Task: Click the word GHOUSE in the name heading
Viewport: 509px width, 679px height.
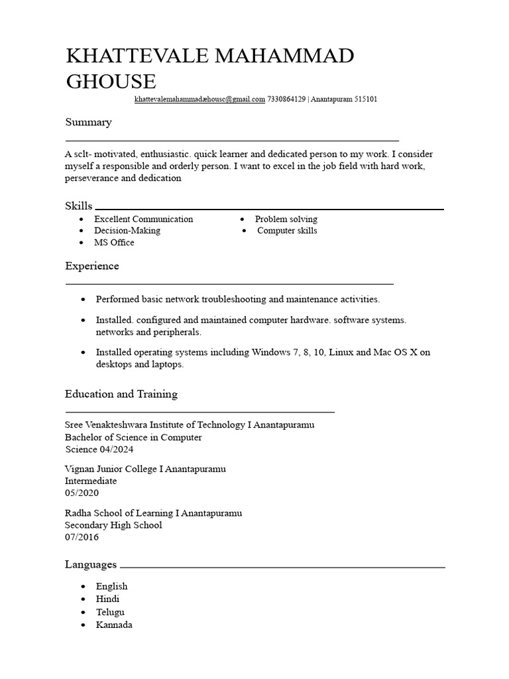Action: [x=111, y=82]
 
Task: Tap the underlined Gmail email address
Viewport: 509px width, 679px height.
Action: [x=199, y=99]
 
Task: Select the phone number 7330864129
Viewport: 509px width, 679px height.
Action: [x=286, y=99]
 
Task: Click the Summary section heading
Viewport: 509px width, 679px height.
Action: [x=88, y=122]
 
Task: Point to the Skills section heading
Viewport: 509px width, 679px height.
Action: [x=78, y=206]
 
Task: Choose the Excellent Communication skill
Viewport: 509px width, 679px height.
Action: [x=143, y=219]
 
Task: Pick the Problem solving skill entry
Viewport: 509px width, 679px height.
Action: [x=286, y=219]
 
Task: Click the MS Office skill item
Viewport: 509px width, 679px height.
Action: [x=114, y=243]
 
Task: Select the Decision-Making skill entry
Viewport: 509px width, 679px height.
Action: [x=127, y=231]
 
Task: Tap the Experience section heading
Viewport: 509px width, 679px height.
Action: [x=92, y=266]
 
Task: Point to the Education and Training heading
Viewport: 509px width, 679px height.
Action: [x=121, y=394]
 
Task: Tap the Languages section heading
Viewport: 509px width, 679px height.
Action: [x=91, y=564]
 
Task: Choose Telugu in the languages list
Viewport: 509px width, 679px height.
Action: [x=110, y=612]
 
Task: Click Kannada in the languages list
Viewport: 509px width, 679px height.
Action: [x=114, y=625]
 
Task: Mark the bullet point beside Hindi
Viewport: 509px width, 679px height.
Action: [x=83, y=599]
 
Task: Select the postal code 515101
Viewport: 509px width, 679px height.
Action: [x=365, y=99]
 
